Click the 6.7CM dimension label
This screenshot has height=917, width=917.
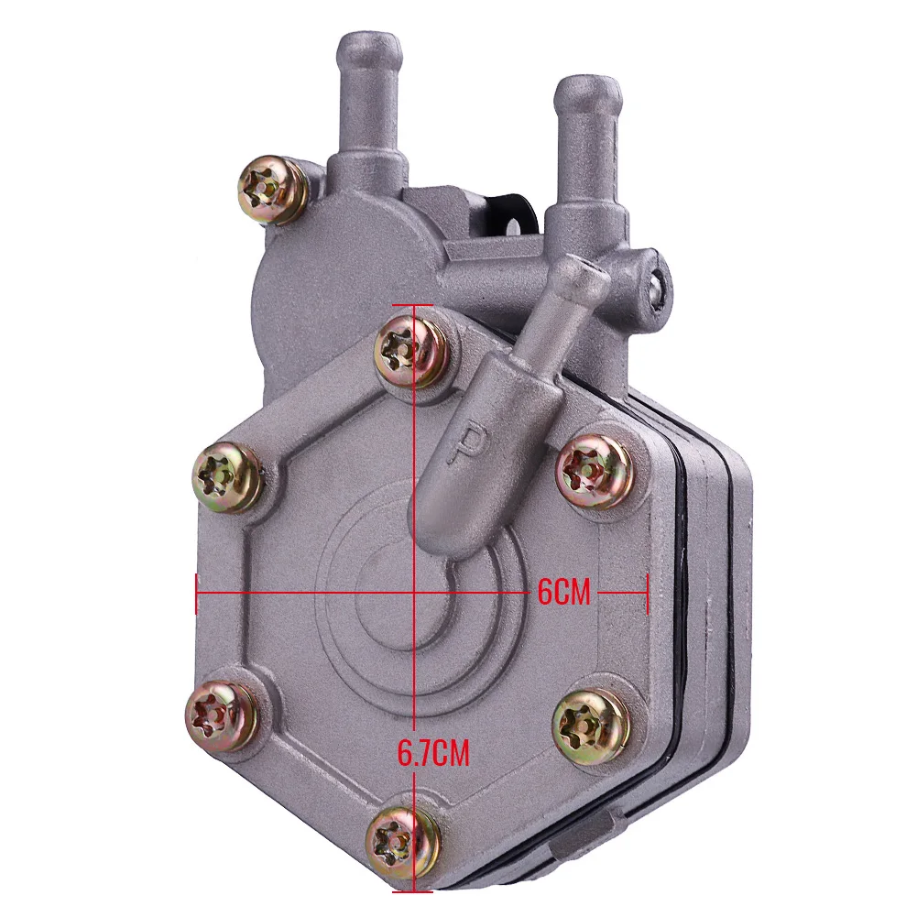(x=433, y=754)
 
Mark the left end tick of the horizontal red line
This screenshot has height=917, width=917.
(x=197, y=593)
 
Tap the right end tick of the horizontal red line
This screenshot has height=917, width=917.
(x=648, y=593)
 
